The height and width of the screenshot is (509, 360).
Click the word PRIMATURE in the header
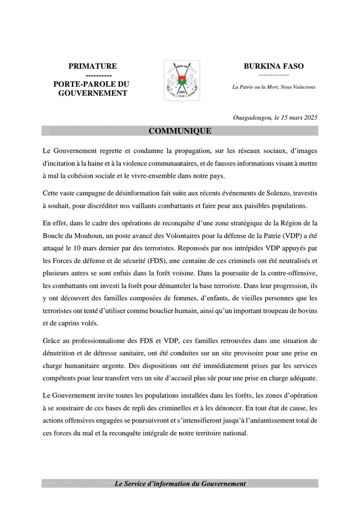click(x=93, y=66)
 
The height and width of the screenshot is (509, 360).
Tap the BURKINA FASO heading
click(x=274, y=66)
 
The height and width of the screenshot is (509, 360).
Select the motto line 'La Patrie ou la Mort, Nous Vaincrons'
click(x=274, y=87)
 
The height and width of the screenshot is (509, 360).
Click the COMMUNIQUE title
click(x=180, y=131)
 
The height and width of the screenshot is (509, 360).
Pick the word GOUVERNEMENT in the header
click(x=93, y=93)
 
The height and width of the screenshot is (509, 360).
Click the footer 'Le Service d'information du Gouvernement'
click(x=180, y=484)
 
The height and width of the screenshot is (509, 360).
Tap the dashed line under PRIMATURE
click(x=93, y=75)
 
